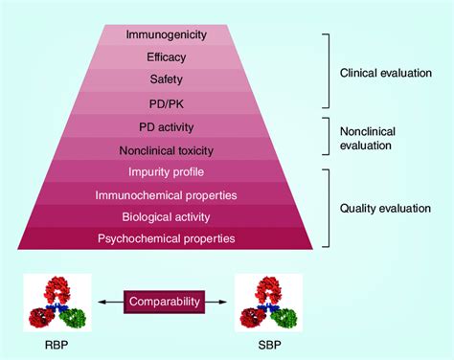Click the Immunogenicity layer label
(x=166, y=35)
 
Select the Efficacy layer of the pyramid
(x=166, y=57)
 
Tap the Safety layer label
(x=166, y=79)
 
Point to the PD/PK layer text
(x=166, y=101)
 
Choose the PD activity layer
(x=166, y=126)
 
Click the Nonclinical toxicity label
(x=166, y=149)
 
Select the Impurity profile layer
(x=166, y=171)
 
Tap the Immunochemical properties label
(x=166, y=194)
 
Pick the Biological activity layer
(x=166, y=215)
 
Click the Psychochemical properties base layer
(x=166, y=237)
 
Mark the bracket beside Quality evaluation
(x=328, y=207)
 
